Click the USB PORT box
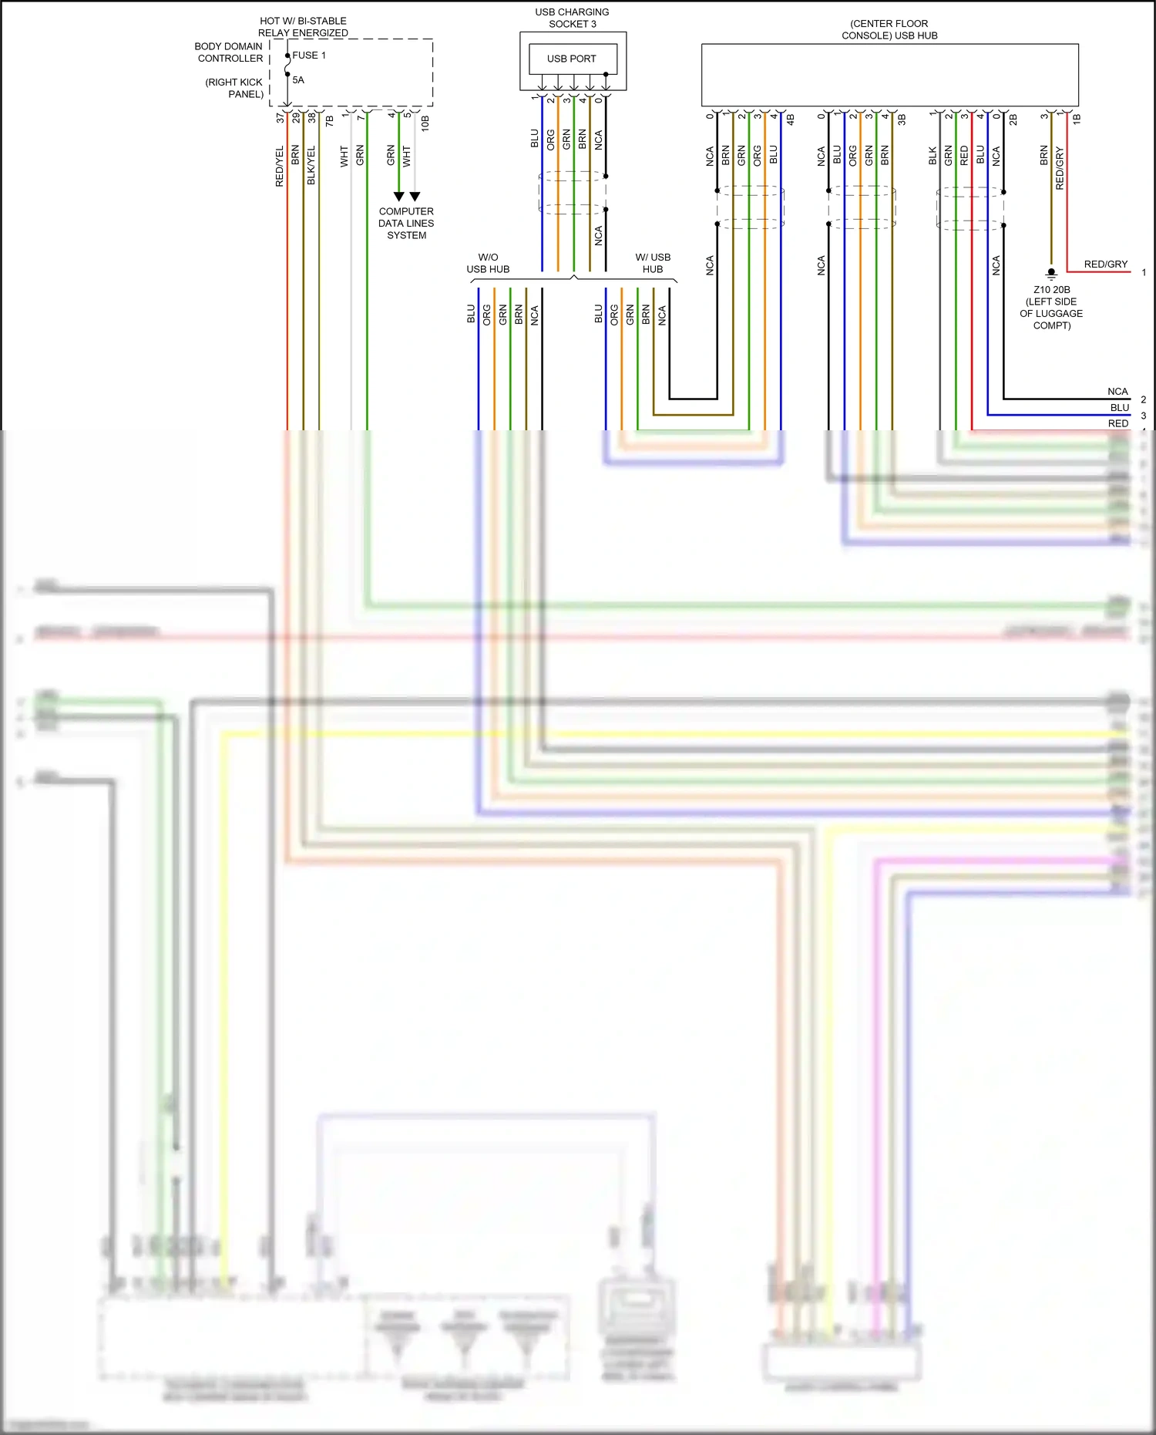tap(572, 59)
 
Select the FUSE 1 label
tap(309, 56)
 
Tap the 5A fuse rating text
tap(298, 80)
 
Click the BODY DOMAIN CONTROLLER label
tap(229, 52)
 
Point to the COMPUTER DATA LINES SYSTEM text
tap(406, 224)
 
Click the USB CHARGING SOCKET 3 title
tap(572, 18)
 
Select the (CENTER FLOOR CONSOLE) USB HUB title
tap(889, 29)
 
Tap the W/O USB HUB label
tap(488, 263)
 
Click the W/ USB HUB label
tap(653, 263)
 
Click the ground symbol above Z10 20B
tap(1051, 273)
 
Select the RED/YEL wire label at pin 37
tap(280, 166)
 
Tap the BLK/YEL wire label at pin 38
tap(311, 166)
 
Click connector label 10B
tap(425, 123)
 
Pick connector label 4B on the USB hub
tap(790, 120)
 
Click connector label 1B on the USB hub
tap(1077, 119)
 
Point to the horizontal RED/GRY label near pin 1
tap(1105, 264)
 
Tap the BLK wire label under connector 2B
tap(933, 156)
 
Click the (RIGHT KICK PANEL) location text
tap(234, 88)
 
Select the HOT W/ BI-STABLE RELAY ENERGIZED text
tap(303, 27)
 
